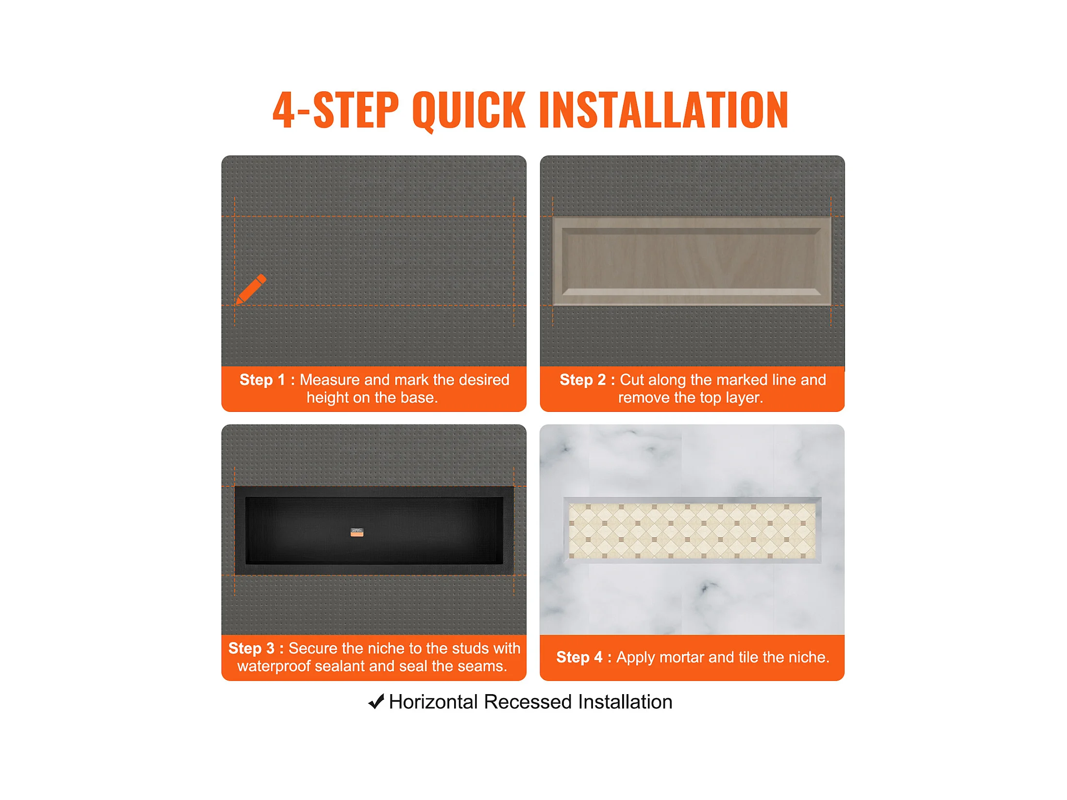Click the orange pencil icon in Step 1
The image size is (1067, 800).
(251, 289)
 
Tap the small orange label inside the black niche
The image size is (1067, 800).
(357, 533)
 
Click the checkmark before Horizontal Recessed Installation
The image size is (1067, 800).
(376, 701)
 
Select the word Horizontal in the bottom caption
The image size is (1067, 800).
(433, 702)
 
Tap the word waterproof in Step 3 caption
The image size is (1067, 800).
(273, 666)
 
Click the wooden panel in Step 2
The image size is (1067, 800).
(692, 261)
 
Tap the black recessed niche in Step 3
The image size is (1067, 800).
(374, 530)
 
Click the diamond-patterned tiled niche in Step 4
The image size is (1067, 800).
(692, 530)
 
